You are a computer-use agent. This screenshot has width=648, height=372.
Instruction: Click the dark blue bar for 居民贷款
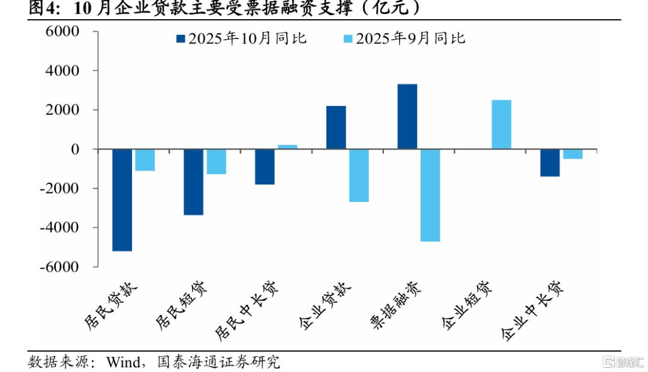click(122, 200)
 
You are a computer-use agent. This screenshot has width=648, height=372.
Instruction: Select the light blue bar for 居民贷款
click(145, 160)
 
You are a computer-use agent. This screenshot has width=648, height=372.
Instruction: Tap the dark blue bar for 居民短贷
click(193, 181)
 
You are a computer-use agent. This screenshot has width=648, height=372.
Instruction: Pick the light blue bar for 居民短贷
click(217, 162)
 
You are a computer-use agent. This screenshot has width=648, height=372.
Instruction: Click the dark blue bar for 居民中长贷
click(265, 166)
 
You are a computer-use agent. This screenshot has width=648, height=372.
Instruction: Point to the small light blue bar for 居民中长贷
click(287, 147)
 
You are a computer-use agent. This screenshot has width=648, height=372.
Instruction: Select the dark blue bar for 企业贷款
click(336, 127)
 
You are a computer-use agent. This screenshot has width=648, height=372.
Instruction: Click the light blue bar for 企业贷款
click(359, 175)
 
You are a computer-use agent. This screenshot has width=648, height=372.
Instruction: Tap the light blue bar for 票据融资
click(430, 195)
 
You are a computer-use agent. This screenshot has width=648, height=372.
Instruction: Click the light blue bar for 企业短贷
click(501, 124)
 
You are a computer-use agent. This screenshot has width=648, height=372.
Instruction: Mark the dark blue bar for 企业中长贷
click(550, 163)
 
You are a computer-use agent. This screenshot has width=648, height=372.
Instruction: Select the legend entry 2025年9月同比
click(405, 38)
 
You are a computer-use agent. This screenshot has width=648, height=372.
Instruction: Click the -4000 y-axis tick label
click(60, 227)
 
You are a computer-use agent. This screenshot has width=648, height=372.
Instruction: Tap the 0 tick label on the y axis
click(75, 149)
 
